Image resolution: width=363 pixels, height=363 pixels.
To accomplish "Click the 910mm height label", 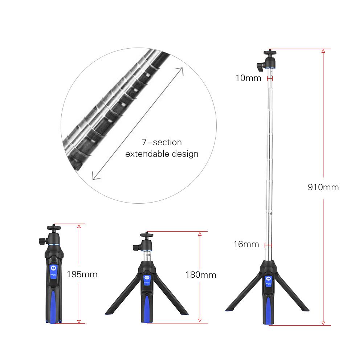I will pos(323,187).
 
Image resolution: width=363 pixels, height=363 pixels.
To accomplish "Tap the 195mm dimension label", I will pos(82,274).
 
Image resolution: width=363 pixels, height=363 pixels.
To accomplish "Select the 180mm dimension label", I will pos(201,274).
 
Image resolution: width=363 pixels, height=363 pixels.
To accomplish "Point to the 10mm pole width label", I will pos(248,78).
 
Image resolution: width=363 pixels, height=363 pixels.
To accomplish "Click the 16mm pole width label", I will pos(246,244).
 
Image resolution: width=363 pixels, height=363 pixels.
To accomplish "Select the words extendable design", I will pos(162,154).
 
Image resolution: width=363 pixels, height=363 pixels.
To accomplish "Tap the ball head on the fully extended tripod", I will pos(269,57).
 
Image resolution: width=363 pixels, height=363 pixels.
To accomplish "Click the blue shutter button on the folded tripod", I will pos(53,268).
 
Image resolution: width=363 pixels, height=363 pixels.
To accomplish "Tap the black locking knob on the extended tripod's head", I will pos(260,66).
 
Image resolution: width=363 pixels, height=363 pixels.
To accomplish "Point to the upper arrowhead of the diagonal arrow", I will pos(181,69).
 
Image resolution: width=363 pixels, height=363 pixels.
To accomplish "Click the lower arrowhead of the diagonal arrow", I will pos(94,178).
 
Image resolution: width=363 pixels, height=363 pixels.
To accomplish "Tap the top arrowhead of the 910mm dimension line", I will pos(323,51).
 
